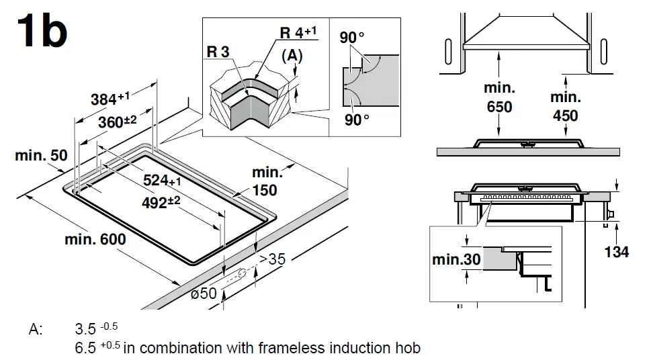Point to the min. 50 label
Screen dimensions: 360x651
click(x=42, y=156)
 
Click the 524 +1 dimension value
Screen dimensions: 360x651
click(x=163, y=180)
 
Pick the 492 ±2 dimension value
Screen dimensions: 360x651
click(x=165, y=202)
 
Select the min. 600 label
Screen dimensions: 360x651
click(x=95, y=239)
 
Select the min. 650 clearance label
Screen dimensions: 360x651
click(x=499, y=97)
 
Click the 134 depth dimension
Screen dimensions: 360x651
click(x=617, y=252)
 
